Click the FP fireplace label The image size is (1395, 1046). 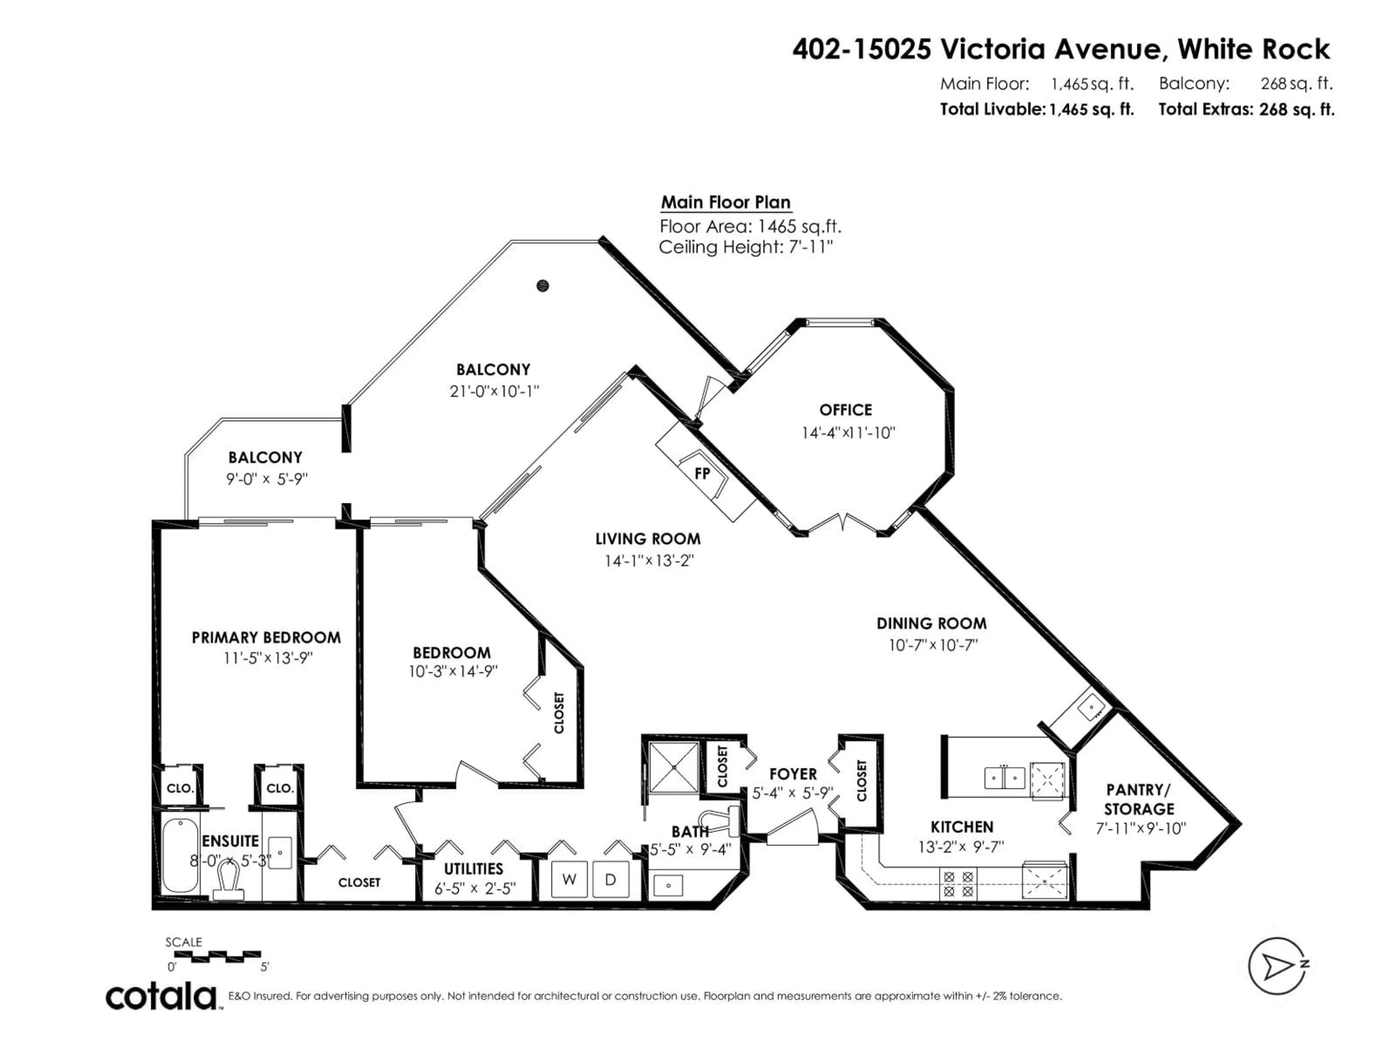[702, 474]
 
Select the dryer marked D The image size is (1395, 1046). [610, 880]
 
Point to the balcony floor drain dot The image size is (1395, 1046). [542, 285]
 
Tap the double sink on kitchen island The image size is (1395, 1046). [1004, 777]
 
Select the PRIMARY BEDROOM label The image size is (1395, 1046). [266, 637]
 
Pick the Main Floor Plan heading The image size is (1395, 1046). [725, 202]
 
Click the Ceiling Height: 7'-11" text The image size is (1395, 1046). [745, 248]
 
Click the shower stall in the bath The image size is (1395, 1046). [674, 768]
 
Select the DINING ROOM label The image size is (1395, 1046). [931, 624]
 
